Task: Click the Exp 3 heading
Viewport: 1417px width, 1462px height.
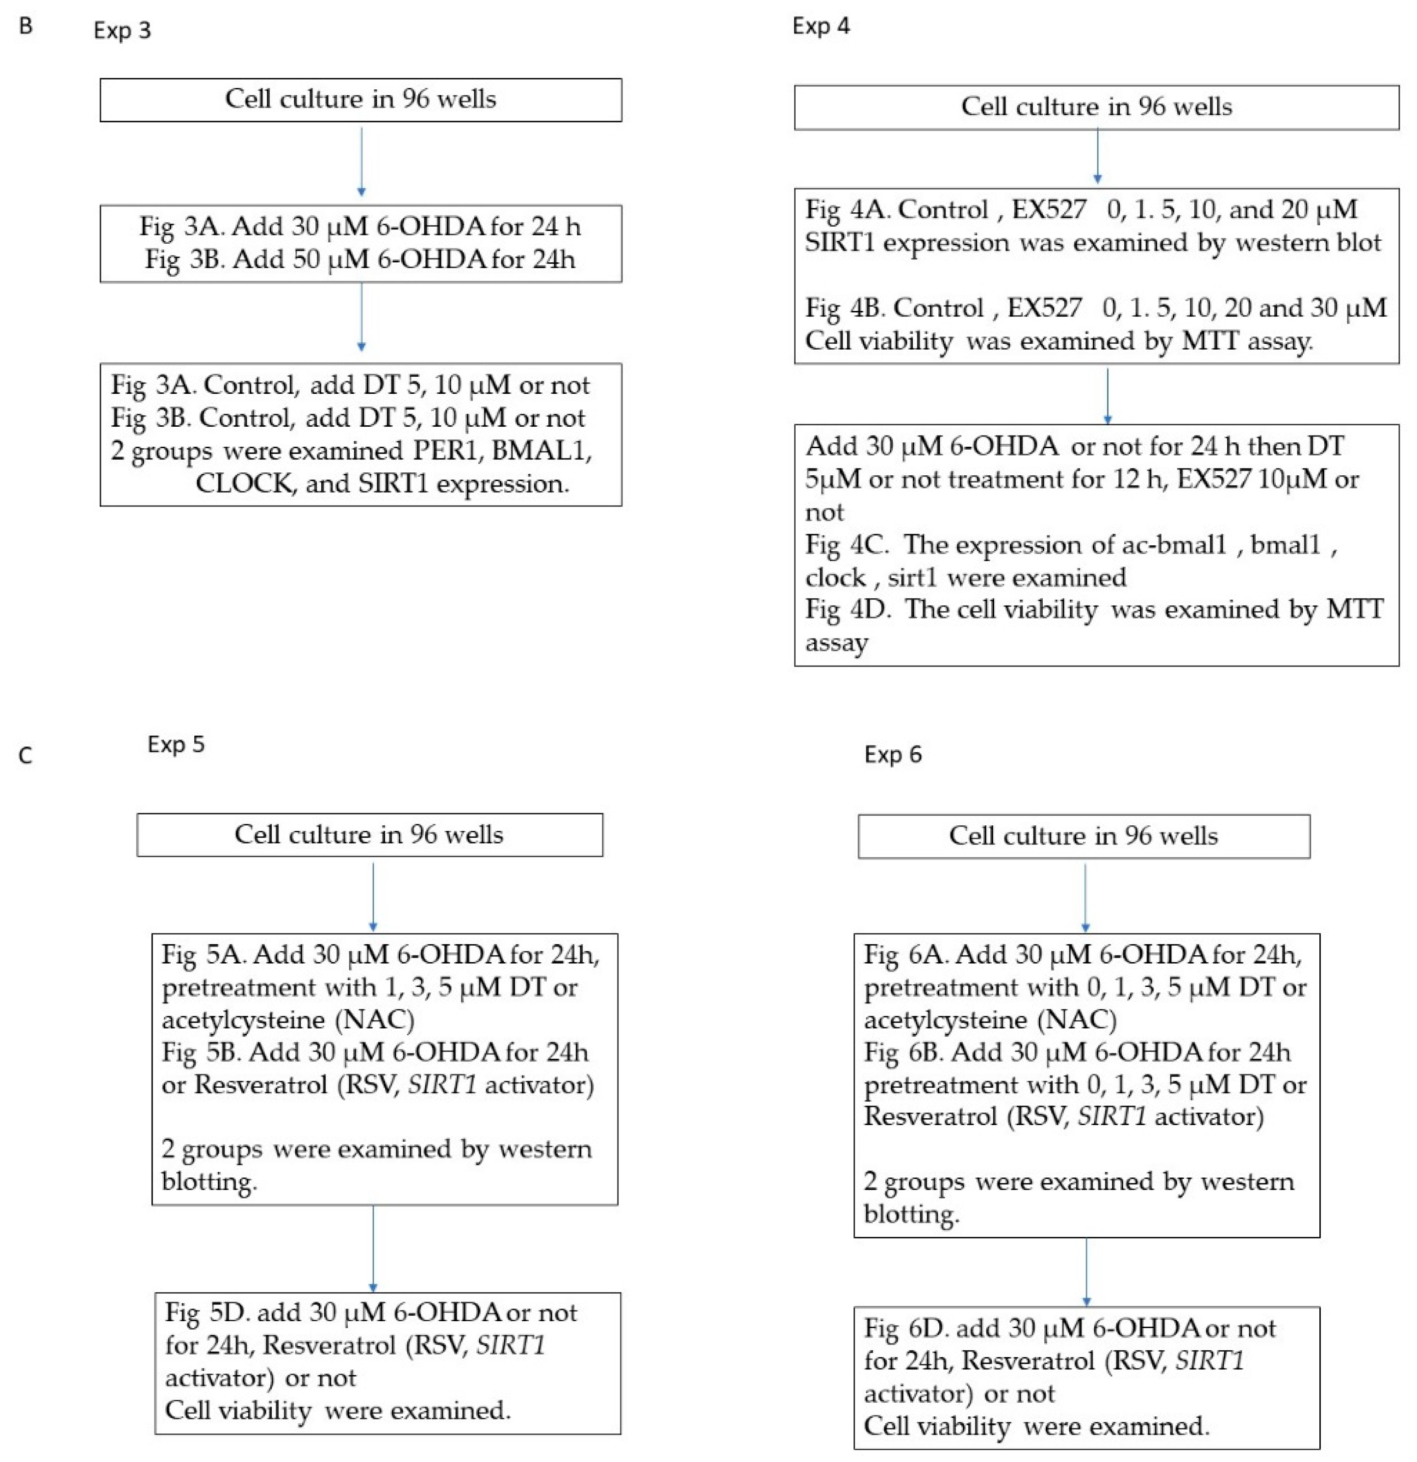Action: pos(122,30)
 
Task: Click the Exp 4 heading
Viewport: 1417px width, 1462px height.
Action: pos(821,26)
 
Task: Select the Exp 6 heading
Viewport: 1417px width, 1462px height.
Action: pos(893,754)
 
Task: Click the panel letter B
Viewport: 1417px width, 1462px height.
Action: pos(26,26)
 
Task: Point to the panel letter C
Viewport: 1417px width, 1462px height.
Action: pos(26,756)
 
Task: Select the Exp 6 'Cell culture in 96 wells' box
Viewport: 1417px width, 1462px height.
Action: pos(1083,835)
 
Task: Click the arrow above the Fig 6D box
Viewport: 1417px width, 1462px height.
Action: pos(1086,1271)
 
